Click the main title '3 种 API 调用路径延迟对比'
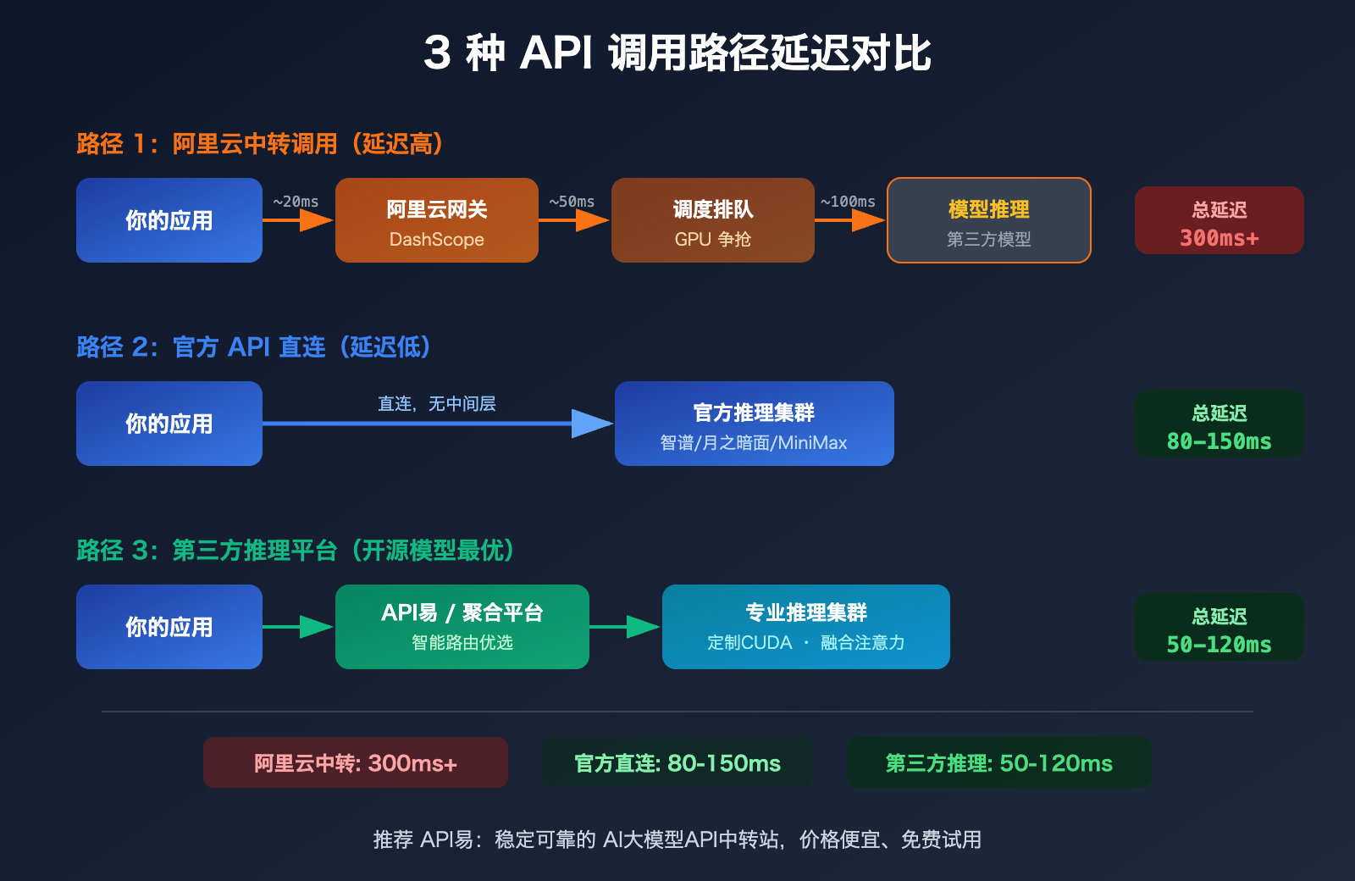tap(677, 53)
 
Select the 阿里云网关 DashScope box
tap(436, 220)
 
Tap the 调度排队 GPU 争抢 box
tap(712, 220)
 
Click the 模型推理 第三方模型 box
tap(988, 220)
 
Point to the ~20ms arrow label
tap(296, 202)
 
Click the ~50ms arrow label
tap(572, 202)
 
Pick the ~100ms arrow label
tap(848, 202)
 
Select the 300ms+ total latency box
tap(1219, 220)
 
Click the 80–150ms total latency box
tap(1219, 424)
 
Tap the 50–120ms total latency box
tap(1219, 627)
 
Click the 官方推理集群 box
tap(754, 424)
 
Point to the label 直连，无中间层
tap(436, 404)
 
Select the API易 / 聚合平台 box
tap(462, 627)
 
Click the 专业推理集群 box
tap(805, 627)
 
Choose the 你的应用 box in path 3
tap(169, 627)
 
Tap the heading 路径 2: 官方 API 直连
tap(254, 347)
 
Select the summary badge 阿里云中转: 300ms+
tap(355, 762)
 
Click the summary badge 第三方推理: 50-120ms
tap(998, 762)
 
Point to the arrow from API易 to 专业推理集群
tap(625, 627)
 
